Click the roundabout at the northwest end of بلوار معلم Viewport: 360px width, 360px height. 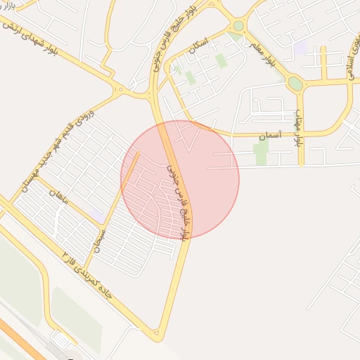click(238, 26)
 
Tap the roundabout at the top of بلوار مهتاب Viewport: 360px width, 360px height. click(295, 84)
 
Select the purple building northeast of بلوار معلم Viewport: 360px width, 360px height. click(301, 48)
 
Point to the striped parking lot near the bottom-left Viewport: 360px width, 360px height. click(62, 340)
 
